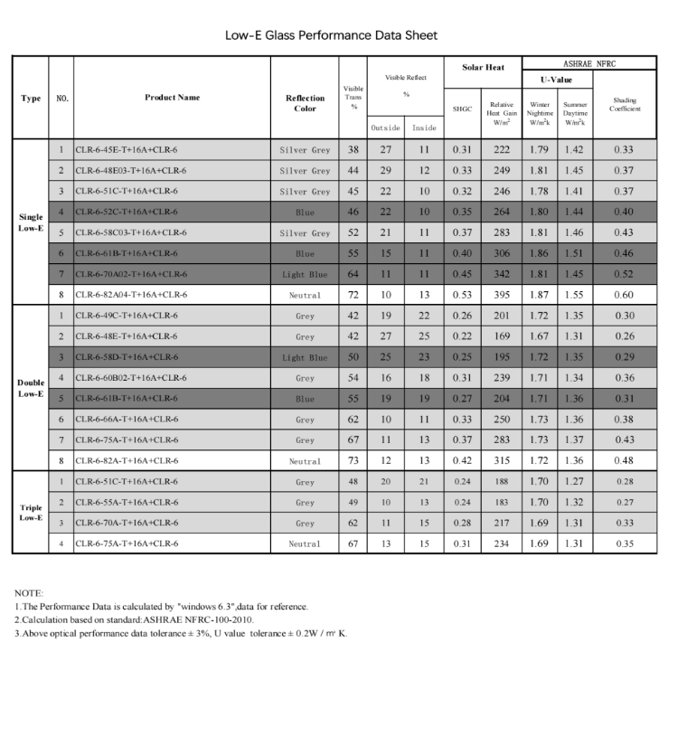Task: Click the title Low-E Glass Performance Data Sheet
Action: [331, 35]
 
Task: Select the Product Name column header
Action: [172, 98]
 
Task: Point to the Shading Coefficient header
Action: [625, 104]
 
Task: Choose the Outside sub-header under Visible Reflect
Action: [386, 128]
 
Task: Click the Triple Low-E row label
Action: [31, 512]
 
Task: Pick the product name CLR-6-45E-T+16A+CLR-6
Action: [127, 149]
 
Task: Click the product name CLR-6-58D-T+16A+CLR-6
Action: [127, 357]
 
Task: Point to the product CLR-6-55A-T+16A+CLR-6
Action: [127, 502]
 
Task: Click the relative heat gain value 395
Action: [501, 295]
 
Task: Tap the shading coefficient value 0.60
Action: [625, 295]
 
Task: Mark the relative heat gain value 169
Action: [501, 336]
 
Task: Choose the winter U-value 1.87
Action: [540, 295]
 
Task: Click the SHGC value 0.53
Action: [462, 295]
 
